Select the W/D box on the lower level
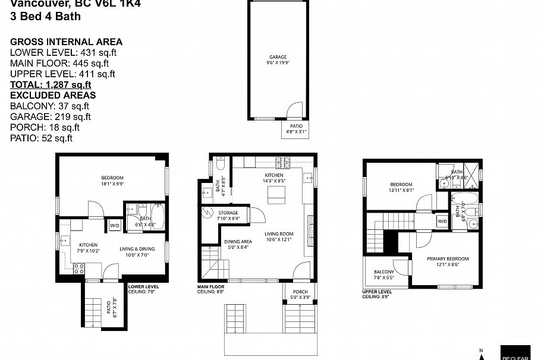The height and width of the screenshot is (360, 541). (114, 225)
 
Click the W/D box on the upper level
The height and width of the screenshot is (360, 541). (442, 221)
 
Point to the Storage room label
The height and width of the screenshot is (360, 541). (228, 215)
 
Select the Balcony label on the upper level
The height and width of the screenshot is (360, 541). (383, 274)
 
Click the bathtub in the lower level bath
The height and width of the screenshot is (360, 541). (159, 214)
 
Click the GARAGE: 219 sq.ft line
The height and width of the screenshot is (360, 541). (51, 116)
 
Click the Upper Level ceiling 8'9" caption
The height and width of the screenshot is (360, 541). (377, 294)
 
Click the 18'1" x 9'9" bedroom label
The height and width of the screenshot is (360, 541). (112, 181)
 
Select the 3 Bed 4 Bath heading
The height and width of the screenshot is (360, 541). (46, 17)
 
